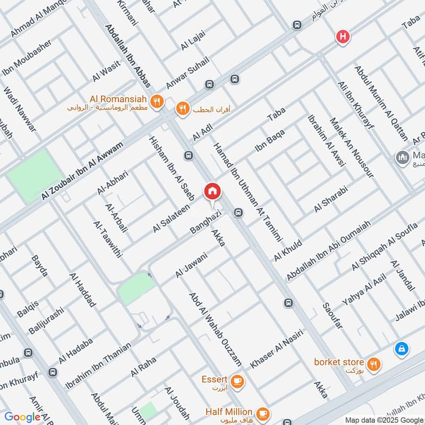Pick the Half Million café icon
261,412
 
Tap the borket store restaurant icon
374,364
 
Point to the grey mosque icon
402,157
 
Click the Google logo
22,417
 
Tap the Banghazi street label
206,224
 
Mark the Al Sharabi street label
330,200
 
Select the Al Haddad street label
83,291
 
